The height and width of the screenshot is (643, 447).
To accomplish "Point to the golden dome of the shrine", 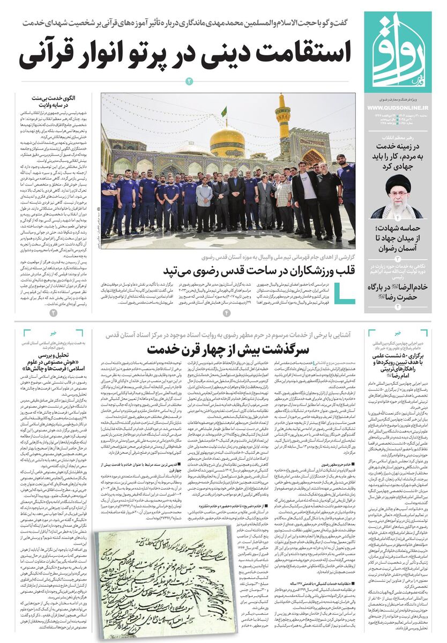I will [x=227, y=141].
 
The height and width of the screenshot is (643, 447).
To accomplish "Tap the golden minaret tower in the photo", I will [x=282, y=118].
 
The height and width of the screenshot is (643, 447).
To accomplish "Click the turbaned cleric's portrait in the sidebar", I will [x=397, y=196].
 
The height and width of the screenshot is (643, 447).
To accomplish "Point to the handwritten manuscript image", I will [x=161, y=584].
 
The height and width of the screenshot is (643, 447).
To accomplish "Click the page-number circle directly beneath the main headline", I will [x=189, y=81].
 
